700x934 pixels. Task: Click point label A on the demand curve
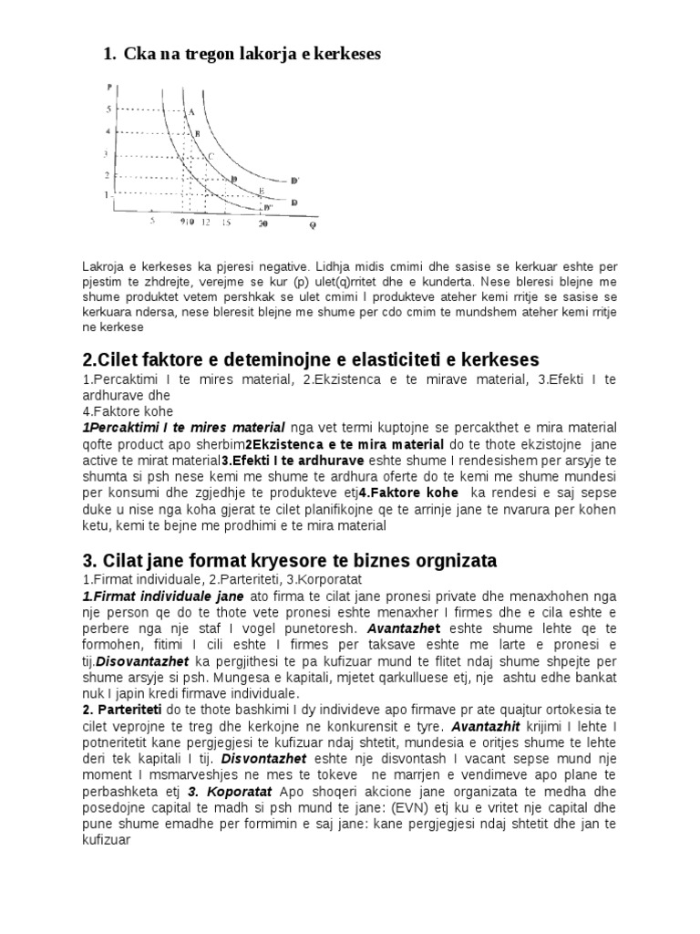192,111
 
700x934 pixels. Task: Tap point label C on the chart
211,156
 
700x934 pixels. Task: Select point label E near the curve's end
262,191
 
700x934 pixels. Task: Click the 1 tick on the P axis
106,194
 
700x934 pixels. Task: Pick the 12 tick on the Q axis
205,222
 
